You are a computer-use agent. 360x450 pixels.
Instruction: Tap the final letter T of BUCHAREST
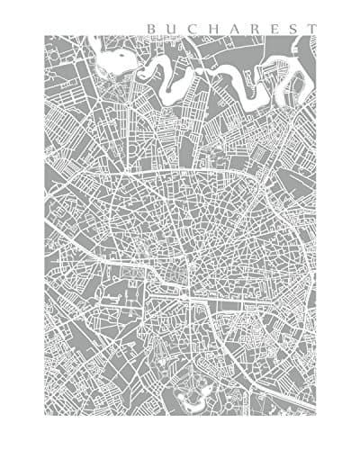[x=310, y=28]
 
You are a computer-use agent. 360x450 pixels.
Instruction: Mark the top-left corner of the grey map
[x=44, y=35]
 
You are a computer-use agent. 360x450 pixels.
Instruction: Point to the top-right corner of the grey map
[x=316, y=35]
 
